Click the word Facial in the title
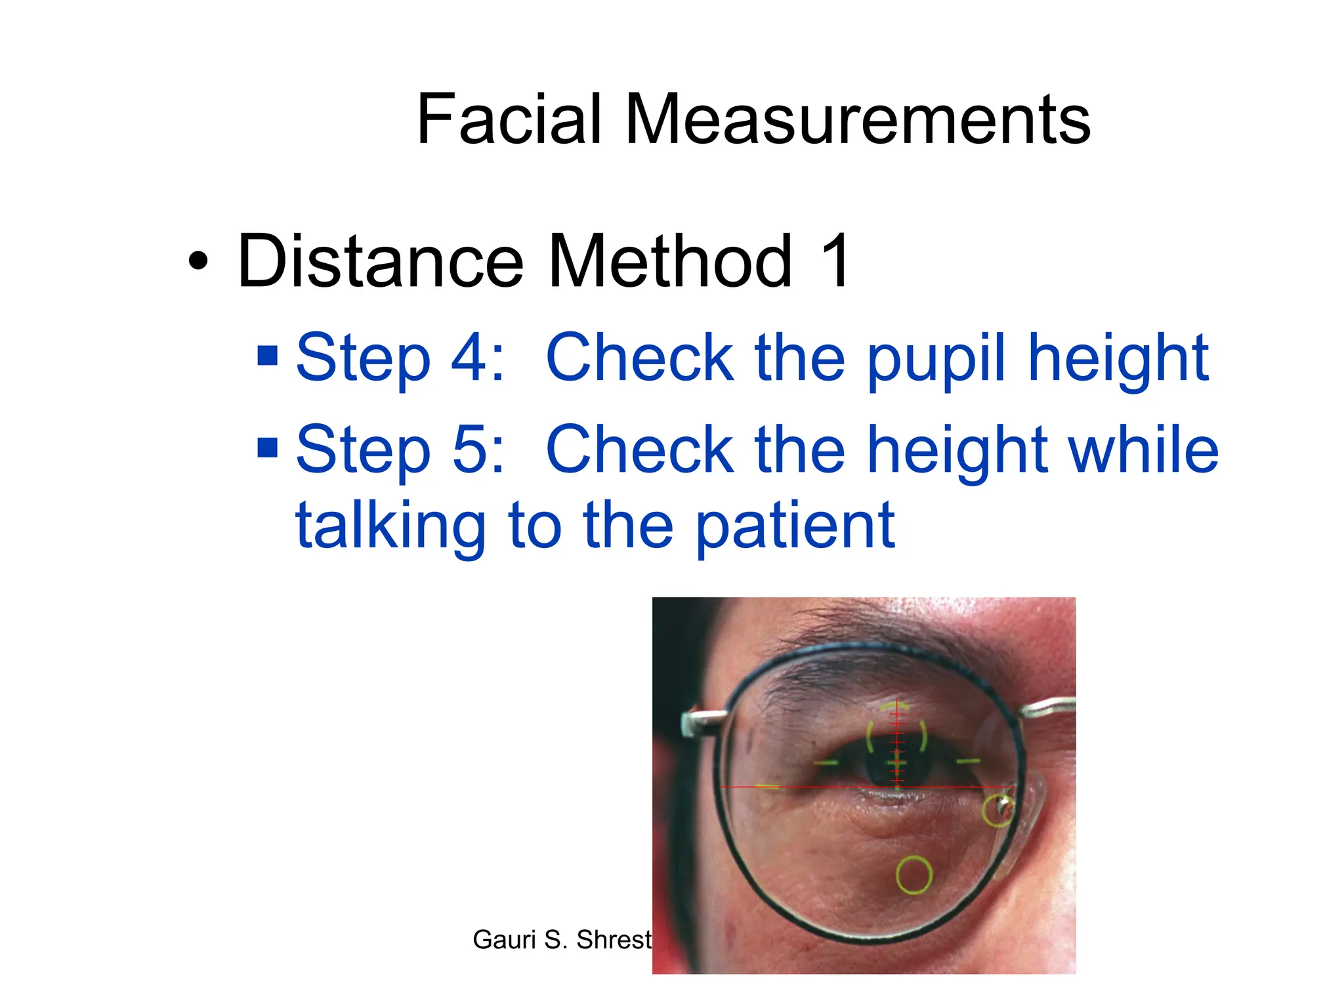coord(509,119)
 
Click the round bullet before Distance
coord(198,262)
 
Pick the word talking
coord(390,526)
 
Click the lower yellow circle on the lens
coord(913,875)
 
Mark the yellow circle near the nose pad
coord(997,810)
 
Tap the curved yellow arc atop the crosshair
coord(895,706)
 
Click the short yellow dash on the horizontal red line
coord(768,786)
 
